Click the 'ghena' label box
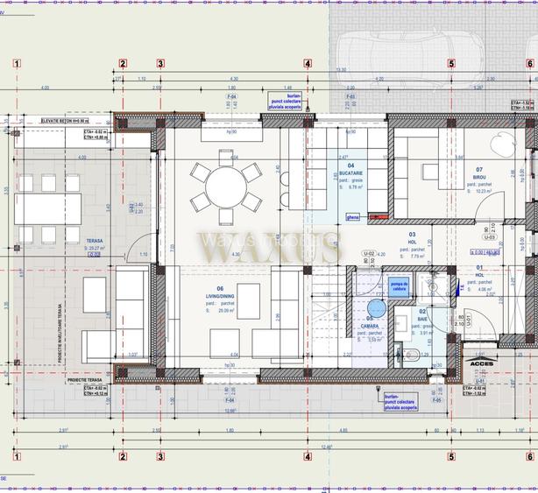point(353,216)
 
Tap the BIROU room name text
point(479,177)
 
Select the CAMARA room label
point(368,325)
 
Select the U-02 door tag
point(370,252)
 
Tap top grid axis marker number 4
point(308,63)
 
